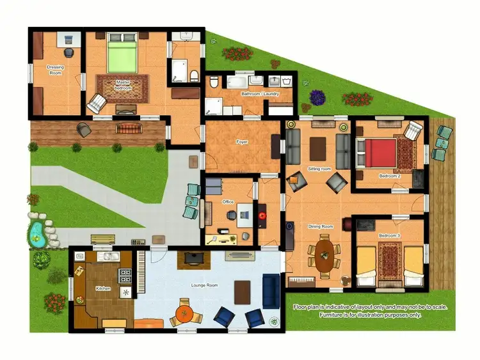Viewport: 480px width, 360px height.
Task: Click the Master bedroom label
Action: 123,85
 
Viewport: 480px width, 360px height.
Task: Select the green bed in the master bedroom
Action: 122,55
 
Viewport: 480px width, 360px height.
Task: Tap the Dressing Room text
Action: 56,70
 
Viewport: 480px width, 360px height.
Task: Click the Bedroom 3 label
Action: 389,236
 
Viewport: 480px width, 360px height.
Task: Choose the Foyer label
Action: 242,142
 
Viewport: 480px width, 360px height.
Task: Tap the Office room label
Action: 228,202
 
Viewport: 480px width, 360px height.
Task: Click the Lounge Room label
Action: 205,285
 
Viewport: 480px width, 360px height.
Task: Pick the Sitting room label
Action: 319,169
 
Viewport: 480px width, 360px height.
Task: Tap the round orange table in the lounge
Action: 184,313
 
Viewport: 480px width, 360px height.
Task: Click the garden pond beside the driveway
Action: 36,233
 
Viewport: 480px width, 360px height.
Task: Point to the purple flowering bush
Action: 317,97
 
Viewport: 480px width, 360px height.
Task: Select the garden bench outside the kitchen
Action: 102,239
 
